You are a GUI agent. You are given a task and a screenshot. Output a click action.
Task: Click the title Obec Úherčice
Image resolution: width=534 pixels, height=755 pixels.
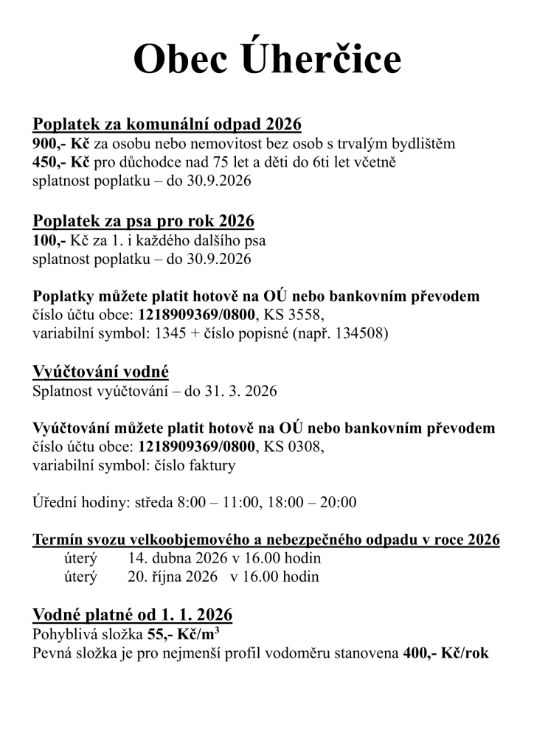click(267, 59)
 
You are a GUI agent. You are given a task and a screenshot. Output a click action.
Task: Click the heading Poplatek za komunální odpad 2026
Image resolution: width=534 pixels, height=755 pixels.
click(167, 123)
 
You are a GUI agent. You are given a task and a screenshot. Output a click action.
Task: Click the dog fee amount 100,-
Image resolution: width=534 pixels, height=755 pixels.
click(49, 241)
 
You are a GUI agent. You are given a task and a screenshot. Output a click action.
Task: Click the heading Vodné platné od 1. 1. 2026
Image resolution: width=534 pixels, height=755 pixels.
click(133, 614)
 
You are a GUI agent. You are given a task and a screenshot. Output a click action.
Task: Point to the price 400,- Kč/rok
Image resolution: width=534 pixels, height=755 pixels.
click(446, 653)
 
